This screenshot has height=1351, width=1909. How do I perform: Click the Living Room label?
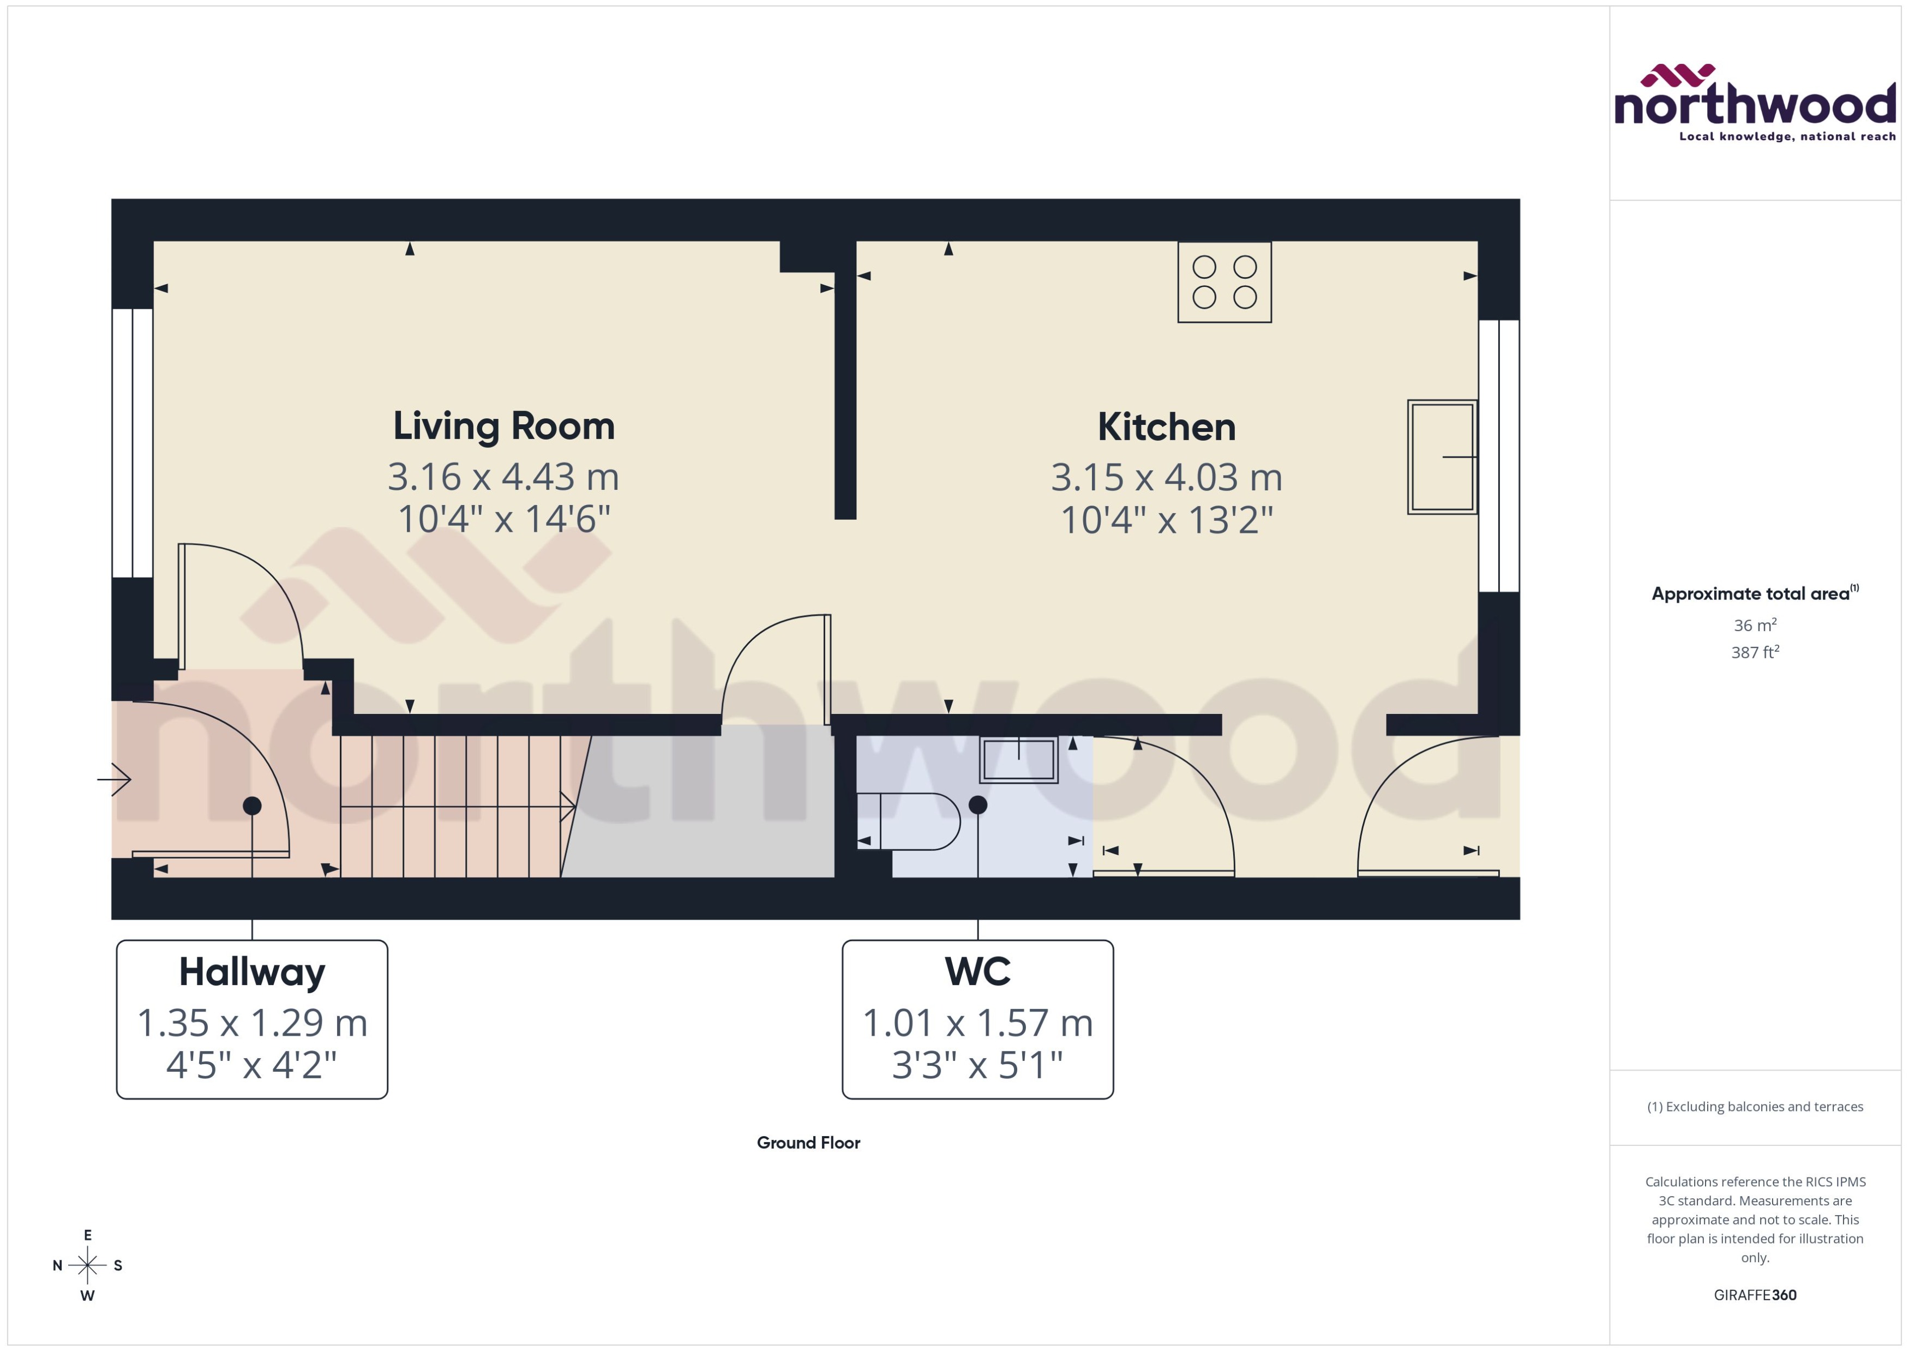[x=503, y=426]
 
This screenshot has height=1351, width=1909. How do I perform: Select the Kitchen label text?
[x=1166, y=427]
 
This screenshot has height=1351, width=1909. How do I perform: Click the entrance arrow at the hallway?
[x=114, y=779]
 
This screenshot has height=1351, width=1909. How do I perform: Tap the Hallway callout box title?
[x=252, y=971]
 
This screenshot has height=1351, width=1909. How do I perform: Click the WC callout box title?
[x=977, y=971]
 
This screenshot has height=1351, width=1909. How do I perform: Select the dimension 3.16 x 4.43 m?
[x=503, y=477]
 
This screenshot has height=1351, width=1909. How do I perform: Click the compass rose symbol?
[x=87, y=1265]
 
